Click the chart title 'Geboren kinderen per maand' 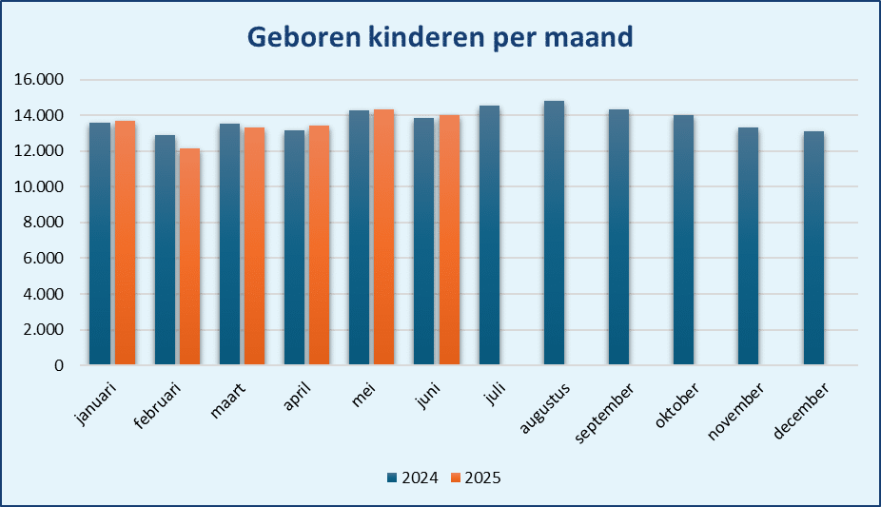440,37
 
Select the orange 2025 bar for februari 190,257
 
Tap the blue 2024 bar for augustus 554,233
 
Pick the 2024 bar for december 813,248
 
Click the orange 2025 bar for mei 383,237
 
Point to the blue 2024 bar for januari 100,244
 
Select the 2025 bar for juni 449,240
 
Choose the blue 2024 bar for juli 489,235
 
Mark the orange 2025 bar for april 319,245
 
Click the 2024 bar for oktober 684,240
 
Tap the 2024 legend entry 413,478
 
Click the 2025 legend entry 476,478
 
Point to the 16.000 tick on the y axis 39,80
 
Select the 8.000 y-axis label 42,223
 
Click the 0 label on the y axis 59,365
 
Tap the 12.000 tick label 39,151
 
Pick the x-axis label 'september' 604,413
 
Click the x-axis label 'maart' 227,400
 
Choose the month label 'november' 735,412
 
